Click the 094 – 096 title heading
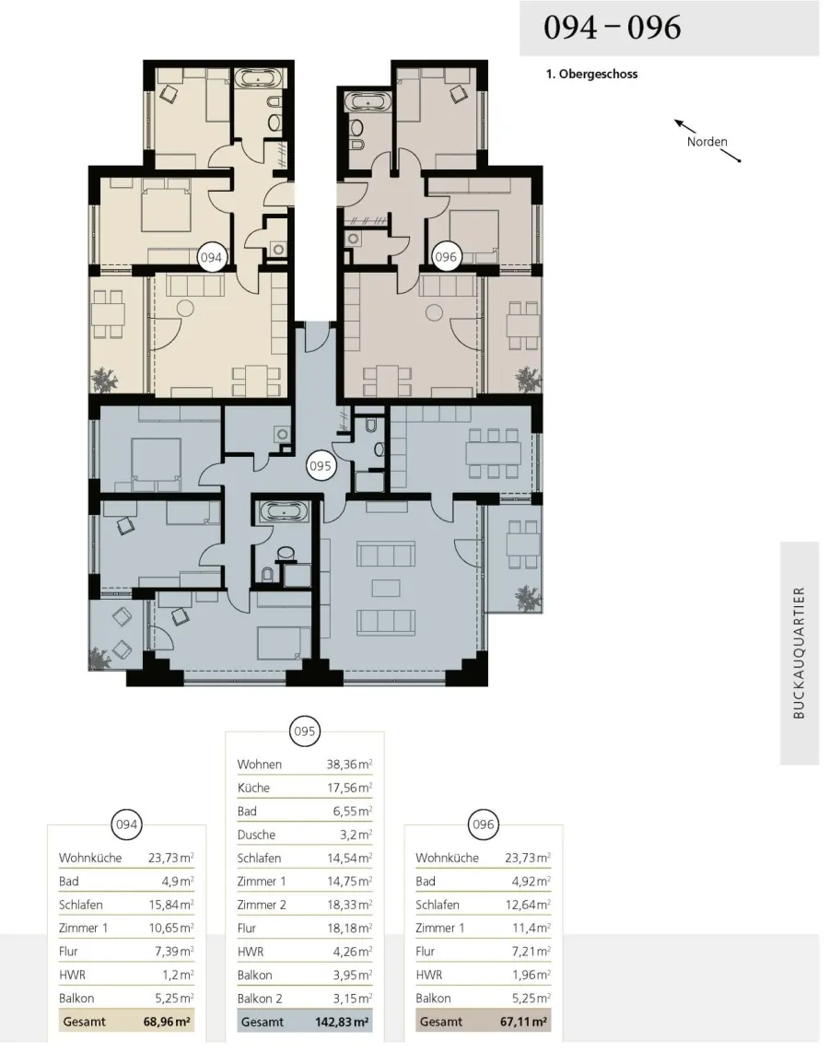click(612, 28)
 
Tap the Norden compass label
click(706, 142)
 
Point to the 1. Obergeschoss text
click(591, 75)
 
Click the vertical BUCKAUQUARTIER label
click(799, 653)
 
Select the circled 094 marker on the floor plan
click(211, 258)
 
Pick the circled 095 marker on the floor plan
click(320, 465)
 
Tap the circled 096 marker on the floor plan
click(445, 257)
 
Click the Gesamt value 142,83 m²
click(342, 1022)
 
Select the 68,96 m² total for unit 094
click(167, 1022)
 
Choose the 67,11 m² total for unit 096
click(524, 1022)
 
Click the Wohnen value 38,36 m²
click(349, 765)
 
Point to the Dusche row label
click(256, 835)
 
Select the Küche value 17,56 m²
click(349, 788)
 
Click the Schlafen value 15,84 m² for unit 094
click(171, 905)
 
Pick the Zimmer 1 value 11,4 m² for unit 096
click(531, 928)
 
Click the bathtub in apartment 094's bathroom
click(261, 78)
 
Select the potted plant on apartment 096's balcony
click(527, 379)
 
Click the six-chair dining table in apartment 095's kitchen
click(493, 453)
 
